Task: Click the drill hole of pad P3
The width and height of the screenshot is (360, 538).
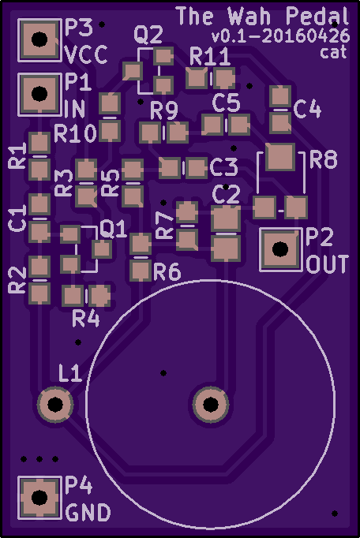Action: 39,39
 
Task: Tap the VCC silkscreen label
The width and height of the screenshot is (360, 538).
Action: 86,55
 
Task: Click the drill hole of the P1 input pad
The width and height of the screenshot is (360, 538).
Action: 39,94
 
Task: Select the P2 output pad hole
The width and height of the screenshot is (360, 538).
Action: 280,249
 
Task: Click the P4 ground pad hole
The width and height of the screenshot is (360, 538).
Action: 39,497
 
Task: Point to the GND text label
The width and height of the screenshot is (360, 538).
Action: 88,513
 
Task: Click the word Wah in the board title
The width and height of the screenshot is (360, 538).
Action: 252,16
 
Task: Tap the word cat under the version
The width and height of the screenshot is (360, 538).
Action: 333,52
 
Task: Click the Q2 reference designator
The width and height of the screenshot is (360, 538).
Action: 148,35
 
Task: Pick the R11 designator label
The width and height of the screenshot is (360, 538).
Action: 209,57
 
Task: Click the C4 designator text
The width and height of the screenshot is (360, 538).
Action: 307,110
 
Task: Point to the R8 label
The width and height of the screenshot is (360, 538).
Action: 323,159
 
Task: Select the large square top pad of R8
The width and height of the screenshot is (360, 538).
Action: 280,157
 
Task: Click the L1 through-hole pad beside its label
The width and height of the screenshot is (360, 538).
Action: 55,405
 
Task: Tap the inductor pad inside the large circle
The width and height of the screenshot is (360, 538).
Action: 211,405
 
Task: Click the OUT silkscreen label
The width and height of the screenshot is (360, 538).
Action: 328,264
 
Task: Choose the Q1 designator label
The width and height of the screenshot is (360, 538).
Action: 113,230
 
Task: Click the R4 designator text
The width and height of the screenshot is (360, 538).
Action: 86,319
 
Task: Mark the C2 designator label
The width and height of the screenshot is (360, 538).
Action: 226,195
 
